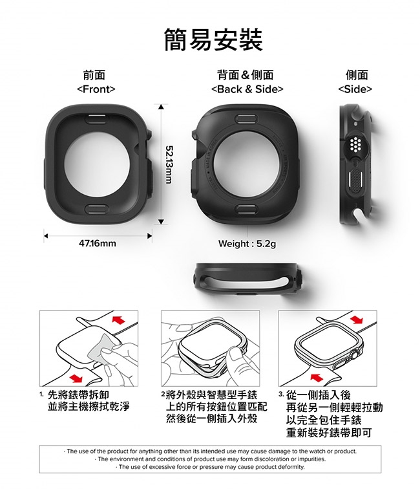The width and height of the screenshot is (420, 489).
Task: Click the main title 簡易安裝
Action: (x=213, y=39)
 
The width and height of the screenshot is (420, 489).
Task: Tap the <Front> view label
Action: (x=96, y=89)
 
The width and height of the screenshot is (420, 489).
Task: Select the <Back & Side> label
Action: (x=247, y=89)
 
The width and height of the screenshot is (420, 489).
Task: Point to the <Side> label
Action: (x=355, y=89)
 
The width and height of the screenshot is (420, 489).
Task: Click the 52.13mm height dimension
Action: (x=169, y=164)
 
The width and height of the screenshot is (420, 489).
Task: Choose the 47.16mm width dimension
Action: (x=97, y=243)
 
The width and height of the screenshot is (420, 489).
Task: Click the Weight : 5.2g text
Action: (x=247, y=244)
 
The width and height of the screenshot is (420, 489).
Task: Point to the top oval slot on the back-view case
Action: (x=247, y=118)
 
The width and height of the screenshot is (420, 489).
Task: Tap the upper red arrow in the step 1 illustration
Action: (x=118, y=320)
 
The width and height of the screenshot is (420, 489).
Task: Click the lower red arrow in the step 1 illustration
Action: (x=76, y=378)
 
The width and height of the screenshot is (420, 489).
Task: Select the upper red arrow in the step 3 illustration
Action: (x=357, y=320)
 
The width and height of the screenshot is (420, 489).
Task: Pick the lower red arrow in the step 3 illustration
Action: (x=317, y=377)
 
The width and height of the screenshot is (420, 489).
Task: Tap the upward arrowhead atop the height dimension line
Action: (x=161, y=107)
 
